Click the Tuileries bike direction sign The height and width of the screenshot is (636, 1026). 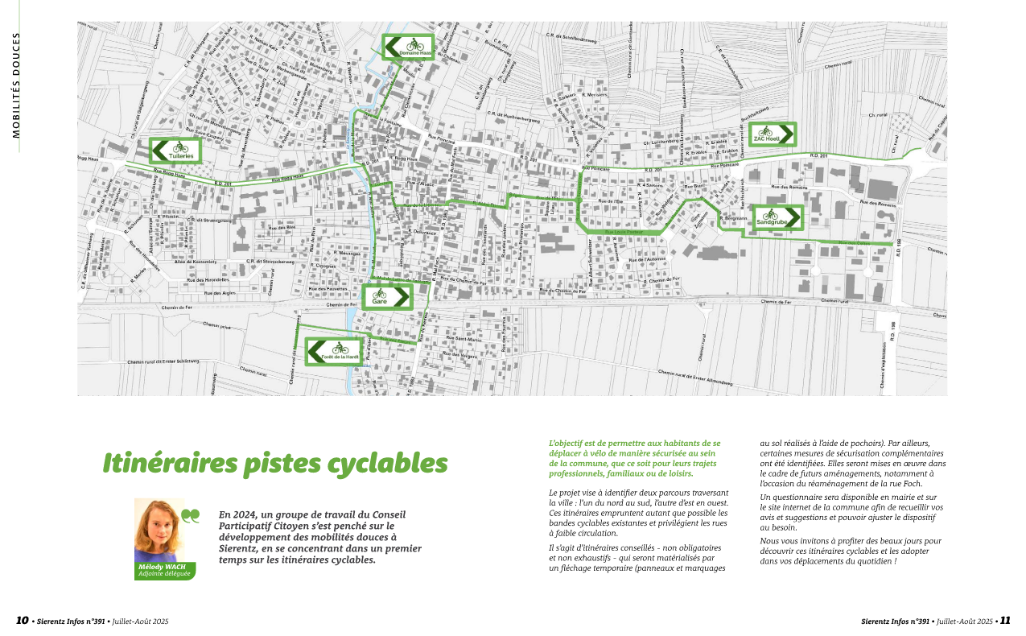tap(175, 151)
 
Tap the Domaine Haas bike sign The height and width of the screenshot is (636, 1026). tap(408, 47)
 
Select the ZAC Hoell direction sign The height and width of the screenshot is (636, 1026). tap(770, 134)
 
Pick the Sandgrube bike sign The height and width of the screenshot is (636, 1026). tap(778, 218)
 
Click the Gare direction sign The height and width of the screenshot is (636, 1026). tap(386, 297)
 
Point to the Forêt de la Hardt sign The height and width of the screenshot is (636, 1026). tap(333, 352)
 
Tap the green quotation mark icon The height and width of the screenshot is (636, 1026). tap(191, 516)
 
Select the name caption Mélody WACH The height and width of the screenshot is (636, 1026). tap(163, 567)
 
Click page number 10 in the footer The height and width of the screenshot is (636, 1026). tap(23, 621)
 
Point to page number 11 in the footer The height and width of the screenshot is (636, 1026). tap(1005, 621)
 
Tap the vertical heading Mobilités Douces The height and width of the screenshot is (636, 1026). tap(16, 85)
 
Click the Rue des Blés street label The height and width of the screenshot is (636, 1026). tap(281, 228)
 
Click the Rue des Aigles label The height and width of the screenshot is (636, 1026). tap(220, 293)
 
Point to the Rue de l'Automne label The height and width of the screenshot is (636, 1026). tap(648, 260)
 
